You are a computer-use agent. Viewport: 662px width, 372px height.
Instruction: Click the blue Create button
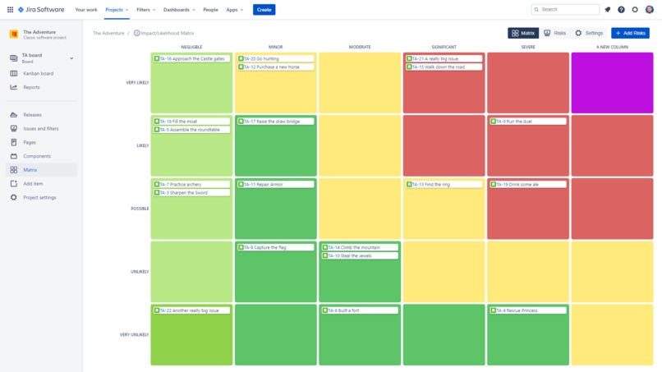coord(264,10)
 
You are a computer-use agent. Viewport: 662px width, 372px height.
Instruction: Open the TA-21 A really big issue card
coord(444,59)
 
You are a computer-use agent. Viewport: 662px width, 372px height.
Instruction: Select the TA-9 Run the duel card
coord(528,122)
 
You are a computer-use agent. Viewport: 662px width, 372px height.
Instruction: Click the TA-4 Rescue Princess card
coord(528,310)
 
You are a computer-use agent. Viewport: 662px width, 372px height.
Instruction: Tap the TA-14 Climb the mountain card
coord(360,247)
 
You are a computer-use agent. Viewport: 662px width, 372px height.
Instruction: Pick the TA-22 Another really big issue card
coord(191,310)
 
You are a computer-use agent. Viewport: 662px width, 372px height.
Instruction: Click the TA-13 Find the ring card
coord(444,185)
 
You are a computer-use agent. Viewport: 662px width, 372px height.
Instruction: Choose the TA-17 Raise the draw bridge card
coord(275,122)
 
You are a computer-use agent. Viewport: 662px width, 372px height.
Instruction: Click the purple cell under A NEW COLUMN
coord(612,83)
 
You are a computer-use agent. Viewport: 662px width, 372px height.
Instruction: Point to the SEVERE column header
coord(528,47)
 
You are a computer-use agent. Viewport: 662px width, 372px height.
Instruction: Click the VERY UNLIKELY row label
coord(134,335)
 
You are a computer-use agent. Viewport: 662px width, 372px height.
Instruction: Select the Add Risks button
coord(630,33)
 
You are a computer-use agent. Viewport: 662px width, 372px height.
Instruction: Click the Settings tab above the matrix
coord(589,33)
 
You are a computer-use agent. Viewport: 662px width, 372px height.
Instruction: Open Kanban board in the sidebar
coord(38,73)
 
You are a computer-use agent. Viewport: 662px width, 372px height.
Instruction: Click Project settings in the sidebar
coord(39,198)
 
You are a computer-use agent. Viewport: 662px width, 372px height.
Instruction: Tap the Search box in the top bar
coord(565,10)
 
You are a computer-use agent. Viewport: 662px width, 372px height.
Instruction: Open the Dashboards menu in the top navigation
coord(178,10)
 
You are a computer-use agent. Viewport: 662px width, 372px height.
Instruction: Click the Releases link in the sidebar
coord(32,115)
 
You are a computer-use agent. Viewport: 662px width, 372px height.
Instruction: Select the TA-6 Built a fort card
coord(360,310)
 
